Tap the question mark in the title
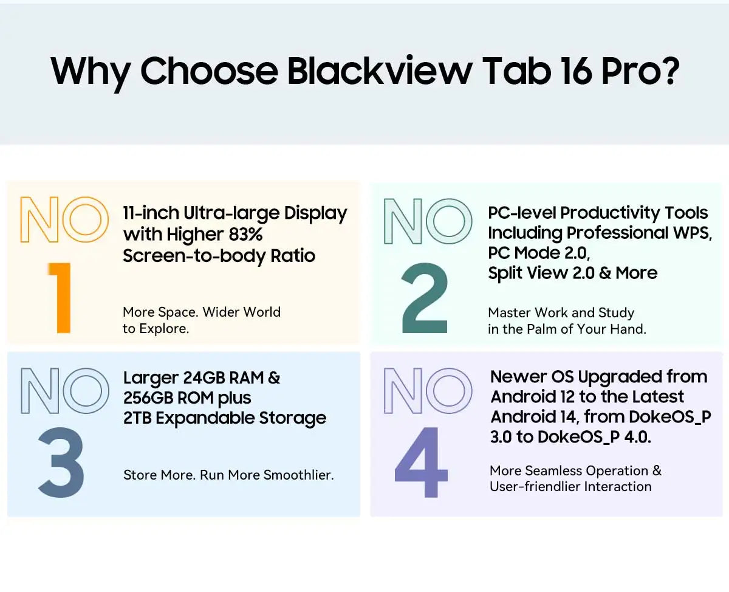click(666, 72)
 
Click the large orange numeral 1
click(60, 297)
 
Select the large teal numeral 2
click(425, 298)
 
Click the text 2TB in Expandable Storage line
click(137, 418)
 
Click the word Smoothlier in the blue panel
click(298, 475)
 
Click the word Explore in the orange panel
click(163, 329)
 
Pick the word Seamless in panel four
click(553, 470)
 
